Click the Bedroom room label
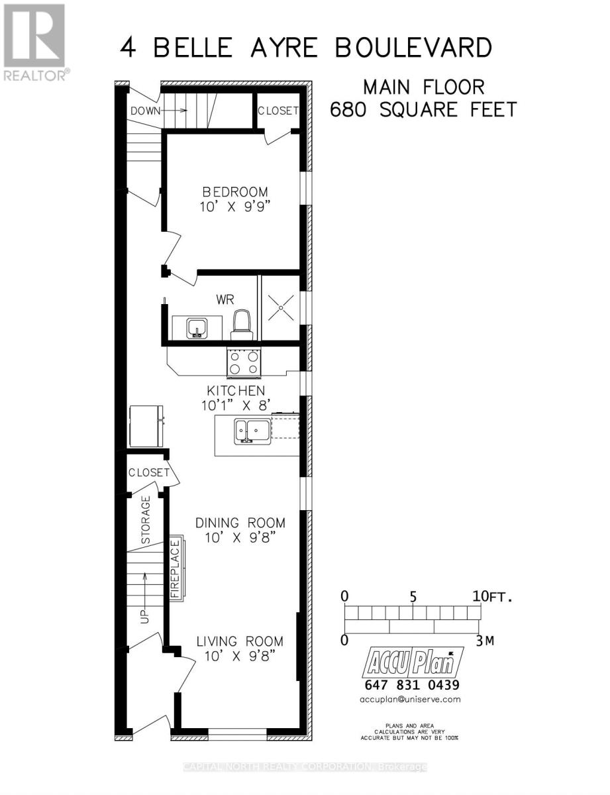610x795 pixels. [x=238, y=191]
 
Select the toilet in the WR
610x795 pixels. [x=240, y=325]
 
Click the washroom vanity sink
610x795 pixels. [x=196, y=327]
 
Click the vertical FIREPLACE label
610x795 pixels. [x=176, y=569]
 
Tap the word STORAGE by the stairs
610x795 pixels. [x=146, y=520]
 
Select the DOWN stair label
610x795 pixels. [x=145, y=111]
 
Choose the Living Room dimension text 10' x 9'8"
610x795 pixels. [x=239, y=657]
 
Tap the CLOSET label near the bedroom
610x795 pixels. [x=278, y=111]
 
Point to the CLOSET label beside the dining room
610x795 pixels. [x=149, y=472]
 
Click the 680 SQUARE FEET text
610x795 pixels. [x=423, y=109]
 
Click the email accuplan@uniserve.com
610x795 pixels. [x=411, y=699]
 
